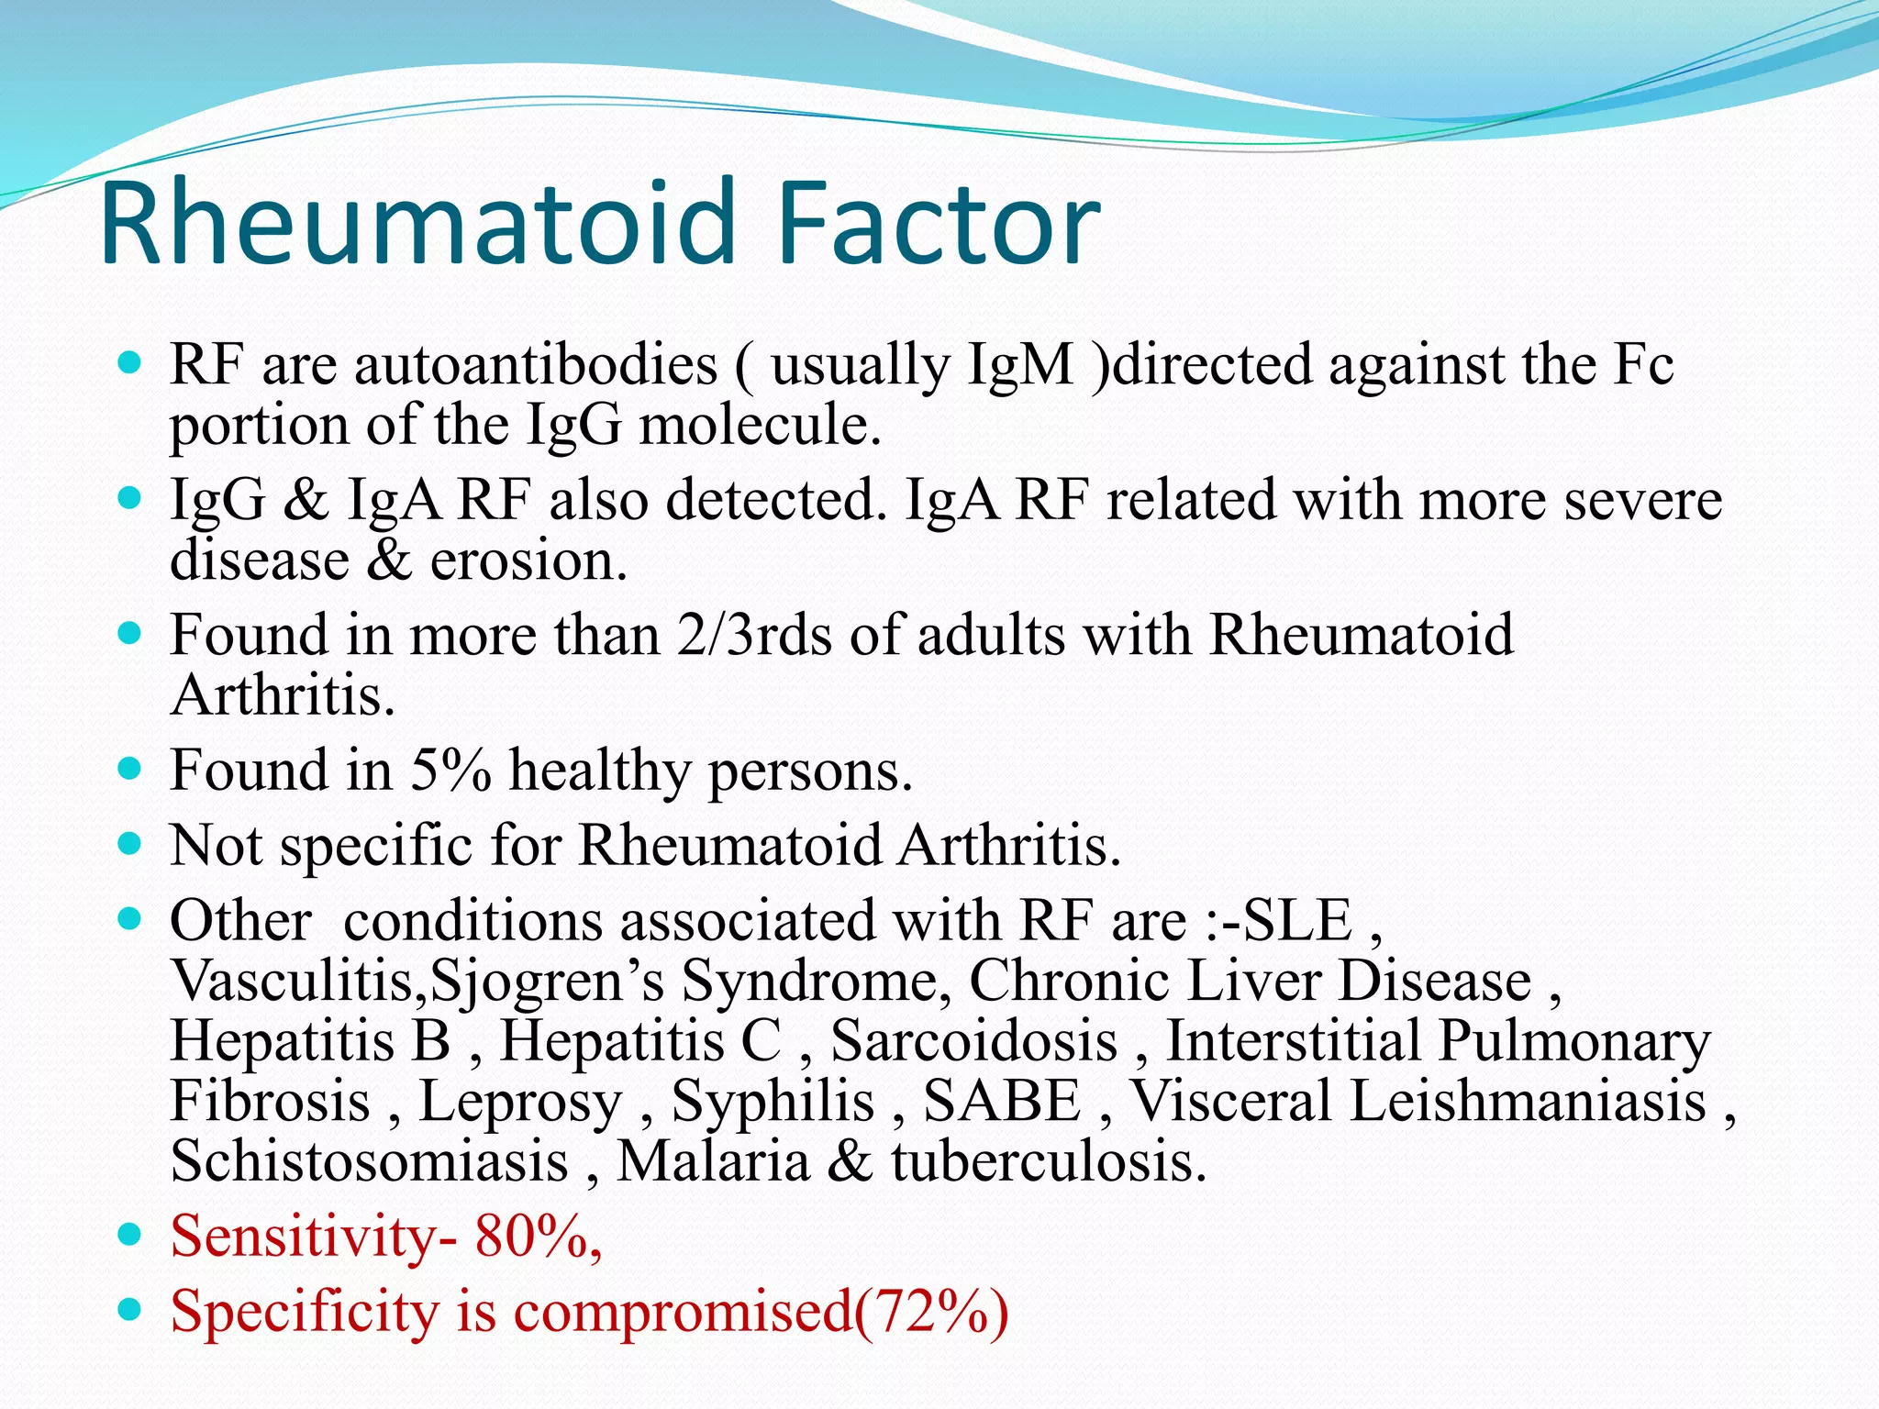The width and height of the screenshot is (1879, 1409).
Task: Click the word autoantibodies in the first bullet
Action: tap(535, 365)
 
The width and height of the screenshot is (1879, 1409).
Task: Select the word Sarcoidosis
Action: tap(973, 1041)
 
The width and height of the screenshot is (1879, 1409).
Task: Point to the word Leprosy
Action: tap(520, 1101)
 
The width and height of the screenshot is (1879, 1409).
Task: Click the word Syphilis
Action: tap(773, 1101)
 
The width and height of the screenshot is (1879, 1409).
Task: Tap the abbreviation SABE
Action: tap(1002, 1101)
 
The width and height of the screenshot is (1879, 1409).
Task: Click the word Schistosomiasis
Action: tap(369, 1161)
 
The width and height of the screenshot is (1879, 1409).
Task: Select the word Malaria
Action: tap(713, 1161)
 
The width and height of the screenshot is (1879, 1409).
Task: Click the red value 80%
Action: tap(534, 1237)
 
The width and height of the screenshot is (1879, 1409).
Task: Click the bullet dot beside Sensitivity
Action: tap(130, 1235)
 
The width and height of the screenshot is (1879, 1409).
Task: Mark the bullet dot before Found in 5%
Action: tap(130, 769)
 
